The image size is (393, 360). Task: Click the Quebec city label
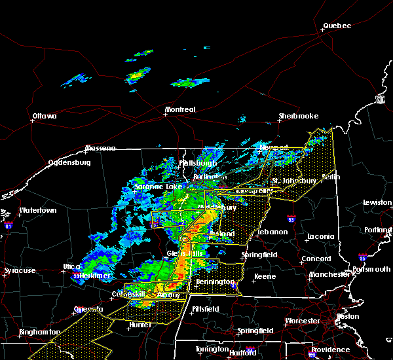337,26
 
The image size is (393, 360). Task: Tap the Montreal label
180,109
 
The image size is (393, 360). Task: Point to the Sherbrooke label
298,116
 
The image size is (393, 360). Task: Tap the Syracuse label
18,270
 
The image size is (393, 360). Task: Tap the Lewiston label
378,203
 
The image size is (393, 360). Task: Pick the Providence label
330,350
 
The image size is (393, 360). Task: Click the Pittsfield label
207,308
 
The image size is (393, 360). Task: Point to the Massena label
102,149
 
